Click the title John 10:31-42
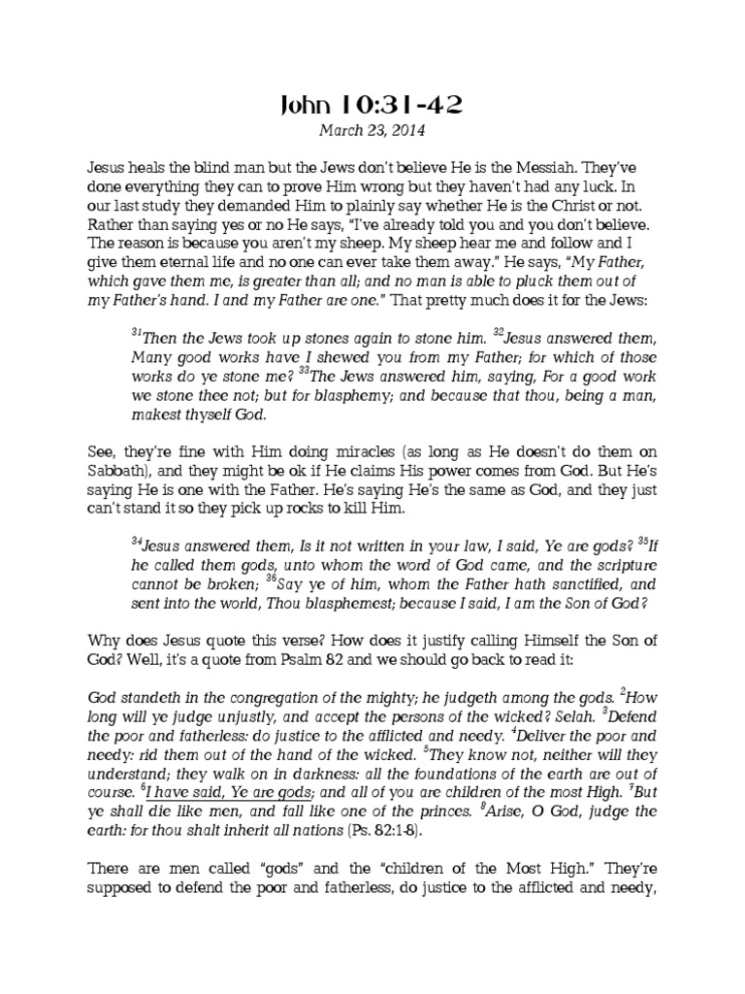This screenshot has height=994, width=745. point(372,104)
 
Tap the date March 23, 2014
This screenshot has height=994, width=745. point(372,128)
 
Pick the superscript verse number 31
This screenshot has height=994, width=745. point(135,330)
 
